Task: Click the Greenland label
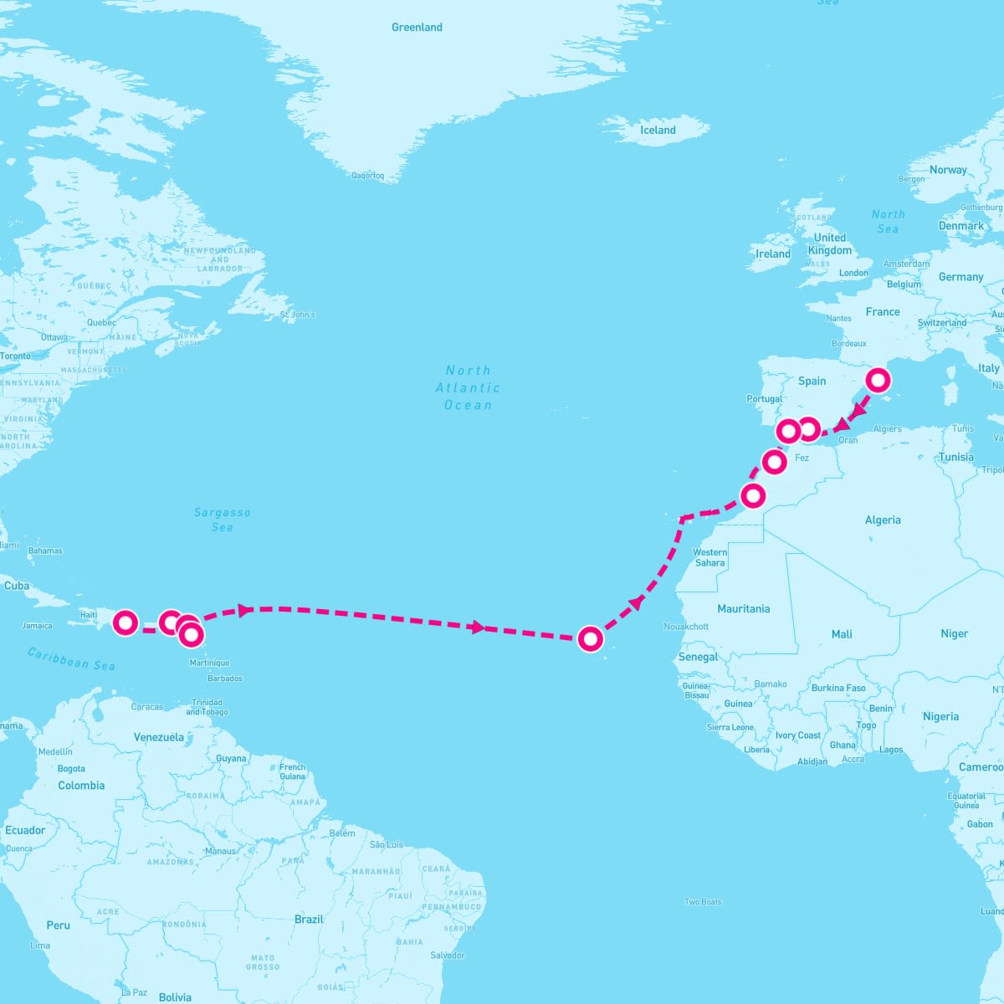pos(417,28)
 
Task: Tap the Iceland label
pos(658,131)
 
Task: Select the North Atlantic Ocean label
pos(468,387)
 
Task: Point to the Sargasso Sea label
pos(222,520)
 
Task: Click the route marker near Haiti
pos(125,622)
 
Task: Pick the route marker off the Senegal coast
pos(591,639)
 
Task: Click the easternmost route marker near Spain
pos(878,381)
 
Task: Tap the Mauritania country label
pos(743,609)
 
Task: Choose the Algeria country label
pos(883,520)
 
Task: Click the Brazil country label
pos(309,919)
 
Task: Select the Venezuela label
pos(159,738)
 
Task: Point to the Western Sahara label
pos(709,557)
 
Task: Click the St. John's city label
pos(298,315)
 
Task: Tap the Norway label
pos(948,170)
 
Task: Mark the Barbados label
pos(225,679)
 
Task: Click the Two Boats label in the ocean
pos(703,902)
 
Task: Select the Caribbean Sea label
pos(71,659)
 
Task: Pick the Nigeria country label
pos(940,717)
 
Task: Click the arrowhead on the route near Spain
pos(858,412)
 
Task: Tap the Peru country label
pos(59,925)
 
